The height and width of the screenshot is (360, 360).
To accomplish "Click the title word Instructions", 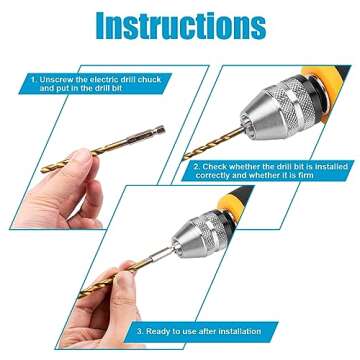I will [x=180, y=24].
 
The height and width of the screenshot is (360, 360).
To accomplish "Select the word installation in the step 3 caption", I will [x=237, y=330].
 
